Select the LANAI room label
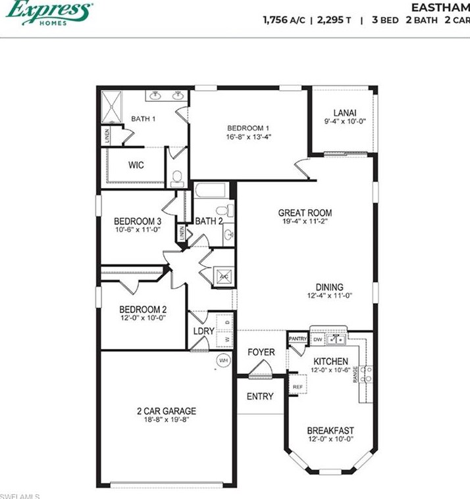pyautogui.click(x=344, y=112)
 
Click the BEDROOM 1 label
pyautogui.click(x=248, y=128)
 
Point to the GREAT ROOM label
pyautogui.click(x=305, y=213)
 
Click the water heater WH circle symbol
pyautogui.click(x=223, y=360)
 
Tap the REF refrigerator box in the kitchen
pyautogui.click(x=298, y=387)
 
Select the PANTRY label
pyautogui.click(x=298, y=339)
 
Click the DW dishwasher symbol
pyautogui.click(x=318, y=339)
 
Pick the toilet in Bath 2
pyautogui.click(x=222, y=211)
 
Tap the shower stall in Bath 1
pyautogui.click(x=112, y=107)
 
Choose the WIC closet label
pyautogui.click(x=136, y=165)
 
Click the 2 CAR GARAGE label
pyautogui.click(x=167, y=411)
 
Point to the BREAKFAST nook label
pyautogui.click(x=330, y=431)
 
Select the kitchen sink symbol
pyautogui.click(x=337, y=339)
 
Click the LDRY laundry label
pyautogui.click(x=203, y=331)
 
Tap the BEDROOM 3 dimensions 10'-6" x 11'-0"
pyautogui.click(x=137, y=230)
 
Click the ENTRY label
pyautogui.click(x=260, y=396)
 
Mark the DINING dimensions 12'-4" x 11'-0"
pyautogui.click(x=329, y=297)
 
